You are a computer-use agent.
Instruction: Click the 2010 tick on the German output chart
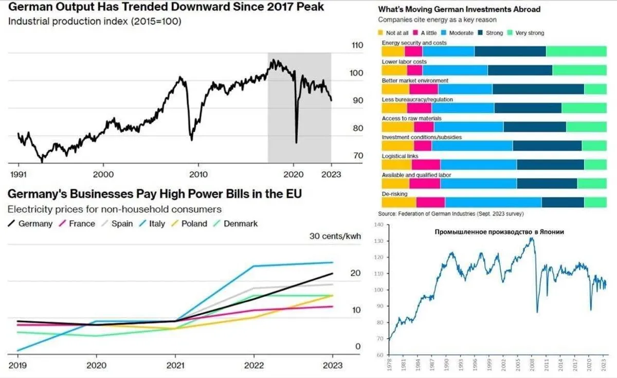point(198,174)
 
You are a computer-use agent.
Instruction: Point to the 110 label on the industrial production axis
point(357,45)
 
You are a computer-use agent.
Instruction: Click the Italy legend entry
point(153,224)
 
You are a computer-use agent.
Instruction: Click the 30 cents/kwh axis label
point(335,237)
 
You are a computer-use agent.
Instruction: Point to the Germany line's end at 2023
point(333,274)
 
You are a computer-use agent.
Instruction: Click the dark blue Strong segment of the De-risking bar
point(562,202)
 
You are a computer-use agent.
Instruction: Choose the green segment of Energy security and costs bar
point(576,51)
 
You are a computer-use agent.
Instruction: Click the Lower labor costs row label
point(404,62)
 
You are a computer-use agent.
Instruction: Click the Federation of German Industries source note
point(450,213)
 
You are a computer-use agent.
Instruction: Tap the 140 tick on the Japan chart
point(379,225)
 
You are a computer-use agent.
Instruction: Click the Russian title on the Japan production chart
point(499,232)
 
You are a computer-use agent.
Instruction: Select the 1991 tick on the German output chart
point(19,174)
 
